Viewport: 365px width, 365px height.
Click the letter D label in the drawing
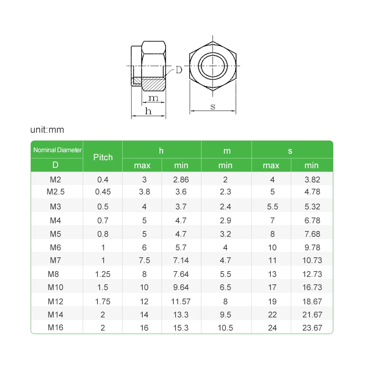pyautogui.click(x=178, y=70)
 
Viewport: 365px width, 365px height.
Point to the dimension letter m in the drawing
pyautogui.click(x=154, y=98)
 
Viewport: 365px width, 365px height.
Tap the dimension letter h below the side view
pyautogui.click(x=148, y=111)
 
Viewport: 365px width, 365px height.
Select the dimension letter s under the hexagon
pyautogui.click(x=213, y=107)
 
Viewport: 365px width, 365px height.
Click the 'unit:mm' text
pyautogui.click(x=47, y=130)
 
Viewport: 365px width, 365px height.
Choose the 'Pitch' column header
pyautogui.click(x=103, y=157)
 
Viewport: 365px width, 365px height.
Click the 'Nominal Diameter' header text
pyautogui.click(x=57, y=150)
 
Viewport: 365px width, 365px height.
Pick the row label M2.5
pyautogui.click(x=55, y=192)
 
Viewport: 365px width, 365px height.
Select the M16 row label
pyautogui.click(x=55, y=327)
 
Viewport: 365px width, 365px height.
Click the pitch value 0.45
pyautogui.click(x=103, y=192)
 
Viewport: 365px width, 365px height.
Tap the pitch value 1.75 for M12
pyautogui.click(x=103, y=301)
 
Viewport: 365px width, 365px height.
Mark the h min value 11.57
pyautogui.click(x=181, y=301)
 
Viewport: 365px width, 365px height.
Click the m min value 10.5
pyautogui.click(x=225, y=328)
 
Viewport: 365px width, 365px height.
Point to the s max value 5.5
pyautogui.click(x=272, y=207)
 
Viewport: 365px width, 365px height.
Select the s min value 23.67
pyautogui.click(x=312, y=328)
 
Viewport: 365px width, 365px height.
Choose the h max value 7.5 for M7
pyautogui.click(x=144, y=261)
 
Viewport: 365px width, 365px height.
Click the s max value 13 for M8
pyautogui.click(x=272, y=274)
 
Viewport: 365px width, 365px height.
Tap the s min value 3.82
pyautogui.click(x=312, y=180)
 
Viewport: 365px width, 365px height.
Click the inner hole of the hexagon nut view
pyautogui.click(x=213, y=66)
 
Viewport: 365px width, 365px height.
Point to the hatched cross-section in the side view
pyautogui.click(x=153, y=85)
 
